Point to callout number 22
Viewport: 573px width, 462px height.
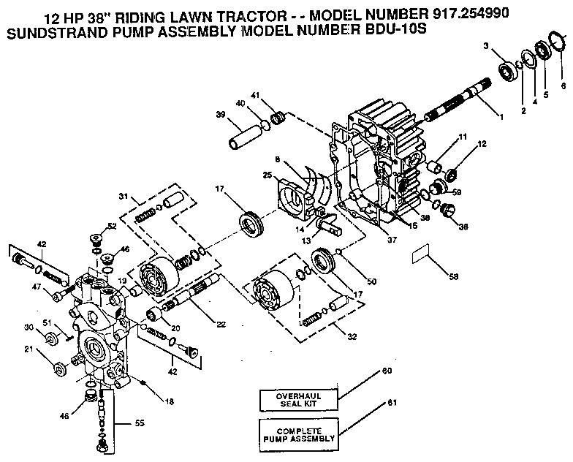(x=220, y=324)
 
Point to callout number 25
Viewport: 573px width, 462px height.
(x=268, y=175)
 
